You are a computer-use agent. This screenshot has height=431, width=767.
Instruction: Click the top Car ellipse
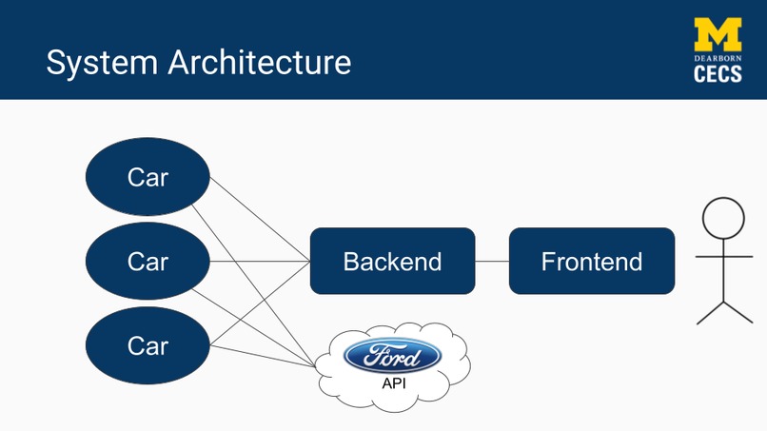147,177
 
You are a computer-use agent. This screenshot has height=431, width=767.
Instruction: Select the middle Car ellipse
147,261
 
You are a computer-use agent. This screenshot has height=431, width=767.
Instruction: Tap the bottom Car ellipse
147,345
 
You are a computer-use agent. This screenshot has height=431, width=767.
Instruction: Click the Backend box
392,261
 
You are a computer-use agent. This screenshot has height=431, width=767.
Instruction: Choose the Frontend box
591,261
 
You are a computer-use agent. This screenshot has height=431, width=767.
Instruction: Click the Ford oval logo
393,357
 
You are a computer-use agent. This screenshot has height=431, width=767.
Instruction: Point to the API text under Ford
393,383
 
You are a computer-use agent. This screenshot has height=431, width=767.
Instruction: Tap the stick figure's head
723,218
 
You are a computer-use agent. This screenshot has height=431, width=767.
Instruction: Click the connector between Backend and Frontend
492,261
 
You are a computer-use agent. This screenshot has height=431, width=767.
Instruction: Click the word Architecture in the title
260,63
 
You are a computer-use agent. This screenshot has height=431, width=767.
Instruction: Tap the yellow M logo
718,34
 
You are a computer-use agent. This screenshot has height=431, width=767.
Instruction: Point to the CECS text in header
718,74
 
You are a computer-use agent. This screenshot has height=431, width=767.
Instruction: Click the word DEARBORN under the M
718,58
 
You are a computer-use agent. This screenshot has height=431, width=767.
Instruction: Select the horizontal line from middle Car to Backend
259,261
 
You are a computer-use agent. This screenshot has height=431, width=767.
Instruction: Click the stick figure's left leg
710,313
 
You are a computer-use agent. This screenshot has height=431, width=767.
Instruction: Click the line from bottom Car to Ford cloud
262,356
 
